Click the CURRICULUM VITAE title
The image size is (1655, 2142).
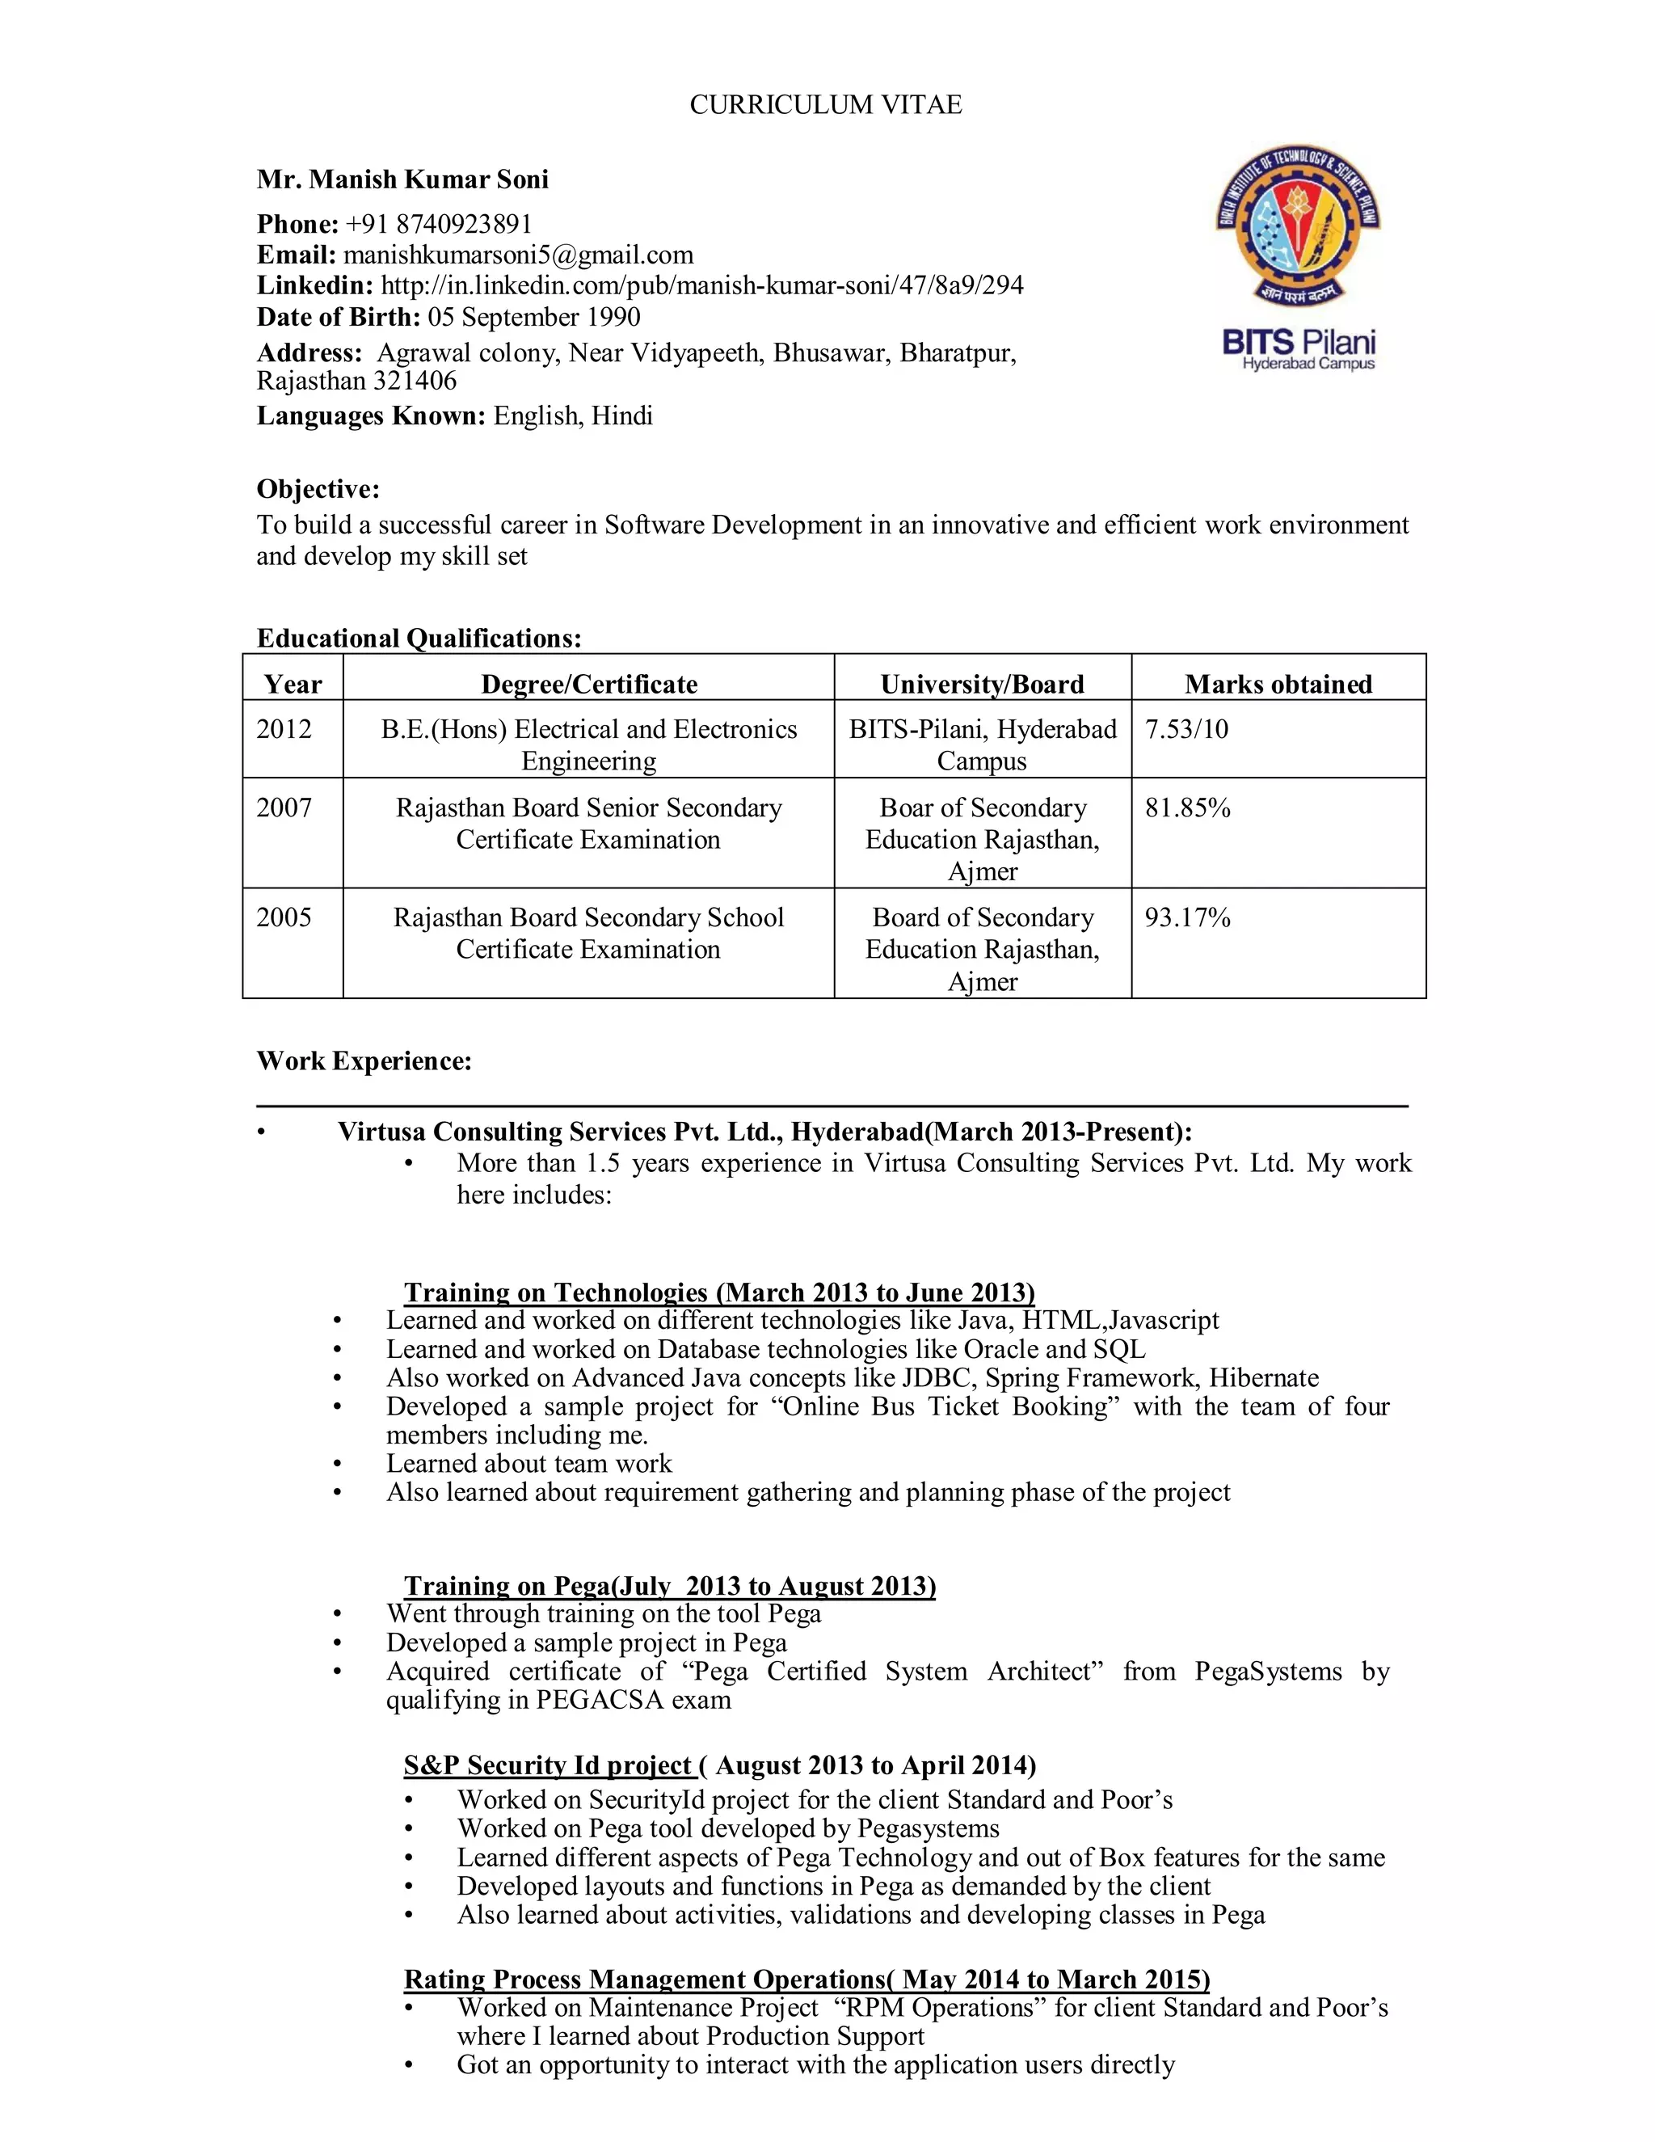pyautogui.click(x=826, y=105)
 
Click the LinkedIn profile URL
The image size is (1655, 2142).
pyautogui.click(x=701, y=285)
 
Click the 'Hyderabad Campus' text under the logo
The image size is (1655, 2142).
pyautogui.click(x=1308, y=364)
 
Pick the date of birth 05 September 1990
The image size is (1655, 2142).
pyautogui.click(x=533, y=317)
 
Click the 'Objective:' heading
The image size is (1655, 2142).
pyautogui.click(x=318, y=488)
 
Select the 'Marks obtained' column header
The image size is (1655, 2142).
pyautogui.click(x=1278, y=684)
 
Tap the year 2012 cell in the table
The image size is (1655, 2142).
pyautogui.click(x=284, y=729)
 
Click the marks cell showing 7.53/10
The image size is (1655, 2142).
pyautogui.click(x=1186, y=729)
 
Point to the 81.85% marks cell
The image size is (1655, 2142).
pyautogui.click(x=1187, y=807)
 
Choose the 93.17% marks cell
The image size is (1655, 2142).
pyautogui.click(x=1187, y=917)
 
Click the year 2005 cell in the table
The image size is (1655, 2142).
pyautogui.click(x=284, y=917)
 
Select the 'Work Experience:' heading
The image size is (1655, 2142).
pyautogui.click(x=364, y=1060)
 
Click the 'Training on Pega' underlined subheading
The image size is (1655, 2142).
pyautogui.click(x=670, y=1586)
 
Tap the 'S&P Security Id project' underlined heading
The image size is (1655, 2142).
pyautogui.click(x=548, y=1765)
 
